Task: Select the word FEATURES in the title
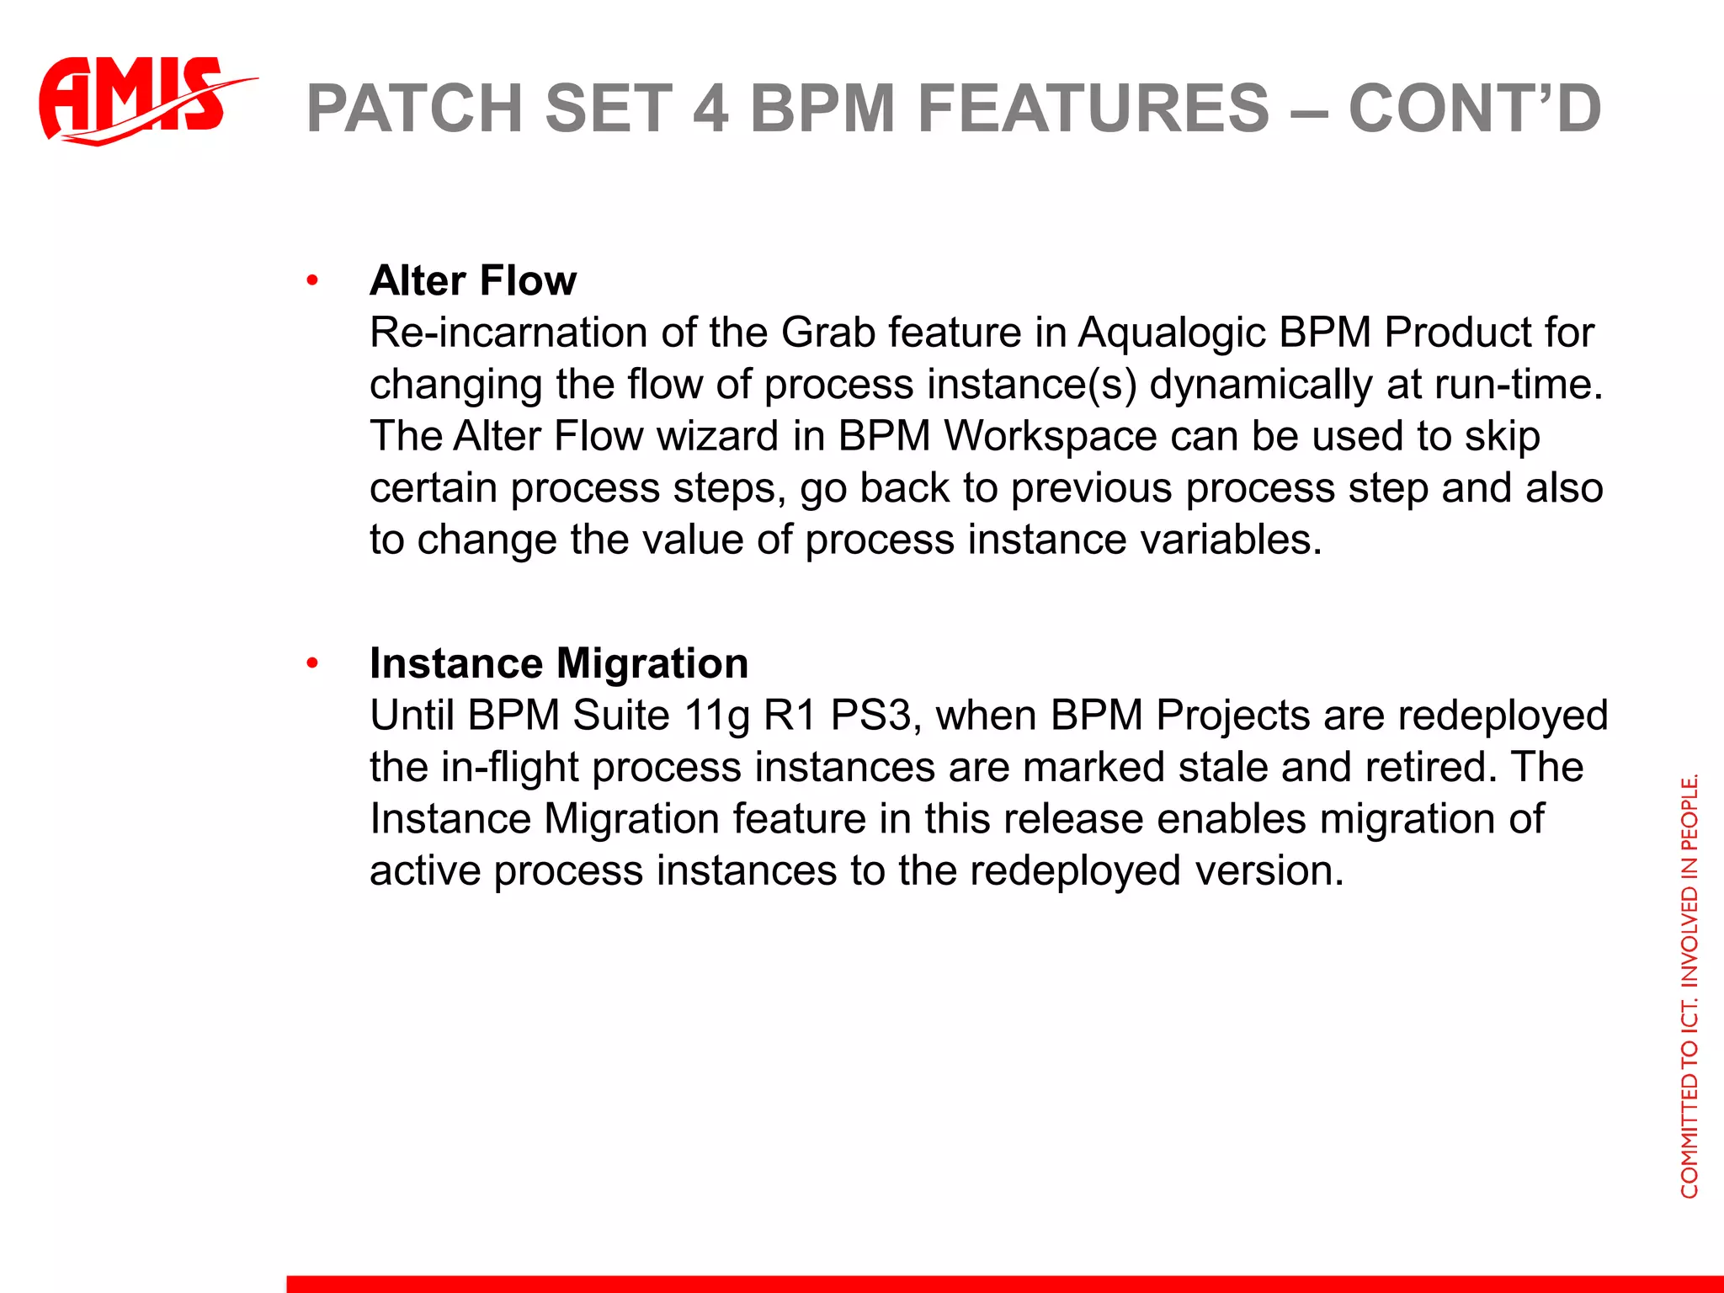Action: tap(1093, 109)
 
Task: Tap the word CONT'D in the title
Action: tap(1474, 109)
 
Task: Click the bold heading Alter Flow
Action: tap(473, 280)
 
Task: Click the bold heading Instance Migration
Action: tap(559, 663)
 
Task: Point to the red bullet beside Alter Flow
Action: tap(312, 280)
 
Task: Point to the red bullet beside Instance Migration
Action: tap(312, 663)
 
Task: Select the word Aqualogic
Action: tap(1172, 333)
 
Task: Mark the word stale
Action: tap(1224, 768)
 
